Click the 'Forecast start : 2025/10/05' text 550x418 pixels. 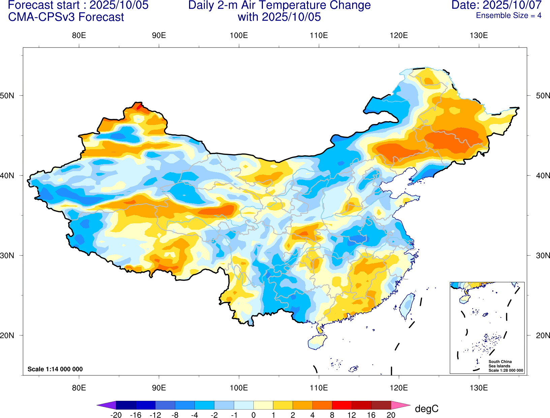pos(78,5)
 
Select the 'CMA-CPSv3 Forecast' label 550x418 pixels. pos(66,17)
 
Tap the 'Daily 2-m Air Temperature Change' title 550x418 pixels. pos(279,5)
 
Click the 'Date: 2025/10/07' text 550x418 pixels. pos(496,5)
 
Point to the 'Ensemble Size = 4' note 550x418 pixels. pos(509,15)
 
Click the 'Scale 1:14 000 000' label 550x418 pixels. pos(55,369)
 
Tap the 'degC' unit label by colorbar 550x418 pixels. pos(427,409)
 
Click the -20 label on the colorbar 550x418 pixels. pos(116,415)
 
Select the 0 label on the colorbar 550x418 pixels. pos(253,415)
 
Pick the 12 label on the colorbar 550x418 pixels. pos(352,415)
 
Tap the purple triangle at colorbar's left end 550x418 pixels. pos(106,405)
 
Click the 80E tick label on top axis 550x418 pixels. pos(79,35)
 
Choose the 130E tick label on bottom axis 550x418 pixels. pos(479,388)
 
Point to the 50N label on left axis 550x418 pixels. pos(7,95)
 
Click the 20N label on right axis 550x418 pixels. pos(543,335)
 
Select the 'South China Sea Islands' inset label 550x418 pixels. pos(500,364)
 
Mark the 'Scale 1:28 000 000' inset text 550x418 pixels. pos(506,371)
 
